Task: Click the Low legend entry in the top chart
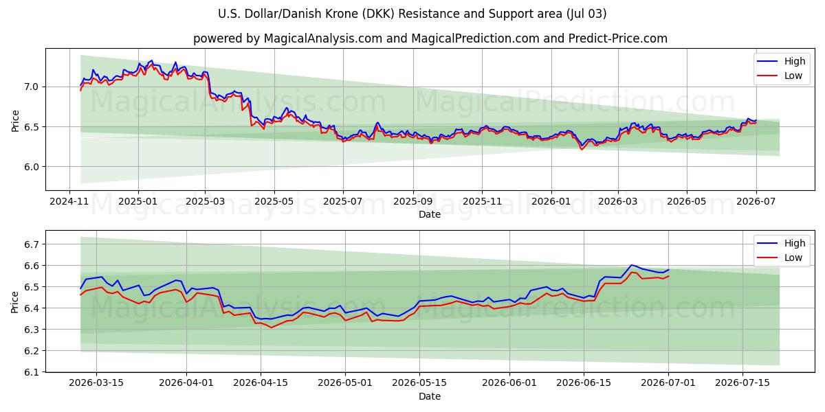[x=780, y=76]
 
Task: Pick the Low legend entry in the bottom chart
[x=780, y=257]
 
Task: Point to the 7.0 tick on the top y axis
[x=31, y=87]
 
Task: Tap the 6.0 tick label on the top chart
[x=31, y=167]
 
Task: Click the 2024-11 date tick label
[x=69, y=202]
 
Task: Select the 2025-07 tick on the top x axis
[x=343, y=202]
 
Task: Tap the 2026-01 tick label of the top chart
[x=551, y=202]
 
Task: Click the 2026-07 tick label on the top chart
[x=756, y=202]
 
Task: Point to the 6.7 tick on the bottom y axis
[x=31, y=244]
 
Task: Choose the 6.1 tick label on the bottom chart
[x=31, y=372]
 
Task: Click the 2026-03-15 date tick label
[x=96, y=383]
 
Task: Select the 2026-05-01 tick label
[x=345, y=383]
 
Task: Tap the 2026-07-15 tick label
[x=742, y=383]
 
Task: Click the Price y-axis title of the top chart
[x=15, y=121]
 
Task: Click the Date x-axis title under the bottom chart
[x=430, y=396]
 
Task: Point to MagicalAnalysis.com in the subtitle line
[x=323, y=38]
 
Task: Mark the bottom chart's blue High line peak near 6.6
[x=631, y=265]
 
